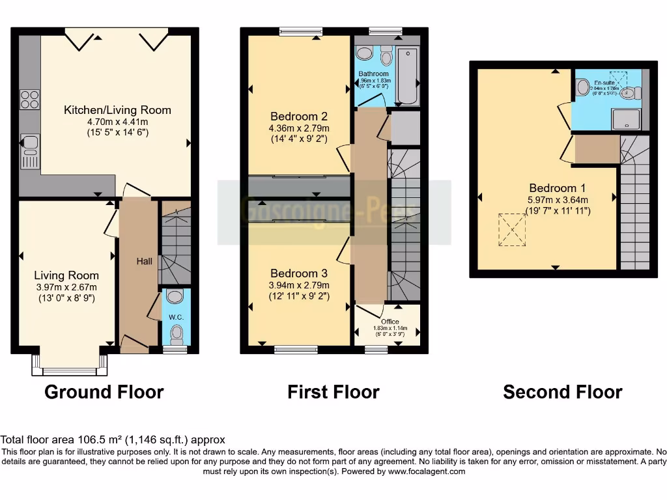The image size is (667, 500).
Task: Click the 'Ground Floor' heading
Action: pyautogui.click(x=104, y=392)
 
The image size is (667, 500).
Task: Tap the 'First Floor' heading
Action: pyautogui.click(x=333, y=392)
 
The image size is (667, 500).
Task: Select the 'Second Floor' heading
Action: pyautogui.click(x=562, y=392)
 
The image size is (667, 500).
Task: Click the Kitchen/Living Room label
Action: pyautogui.click(x=117, y=110)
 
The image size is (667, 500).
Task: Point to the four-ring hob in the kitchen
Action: pyautogui.click(x=29, y=99)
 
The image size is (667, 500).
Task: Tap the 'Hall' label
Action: pyautogui.click(x=144, y=261)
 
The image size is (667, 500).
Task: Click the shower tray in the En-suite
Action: pyautogui.click(x=627, y=118)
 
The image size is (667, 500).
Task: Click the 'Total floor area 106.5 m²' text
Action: pyautogui.click(x=113, y=440)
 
